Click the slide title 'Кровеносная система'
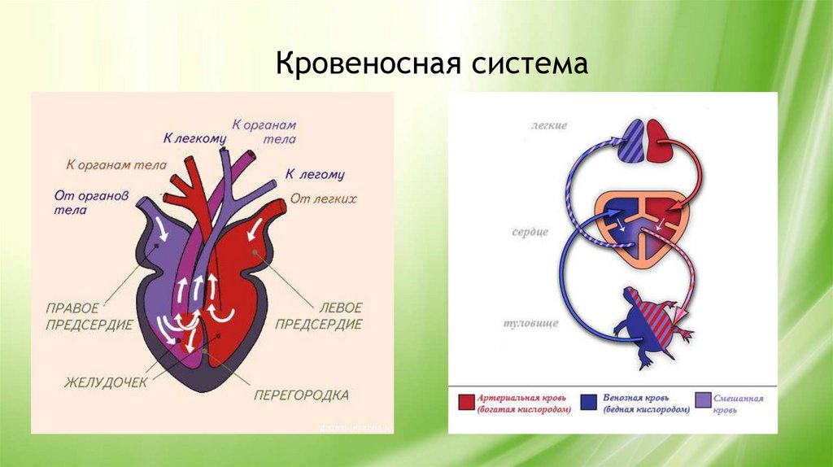431,63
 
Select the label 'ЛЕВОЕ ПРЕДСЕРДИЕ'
318,316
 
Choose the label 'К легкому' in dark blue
194,139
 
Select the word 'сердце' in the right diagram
530,232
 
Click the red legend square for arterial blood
466,401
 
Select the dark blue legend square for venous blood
590,401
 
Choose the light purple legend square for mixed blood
703,401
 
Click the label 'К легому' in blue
315,174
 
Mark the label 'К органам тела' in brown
116,165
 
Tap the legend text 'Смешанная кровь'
739,404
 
